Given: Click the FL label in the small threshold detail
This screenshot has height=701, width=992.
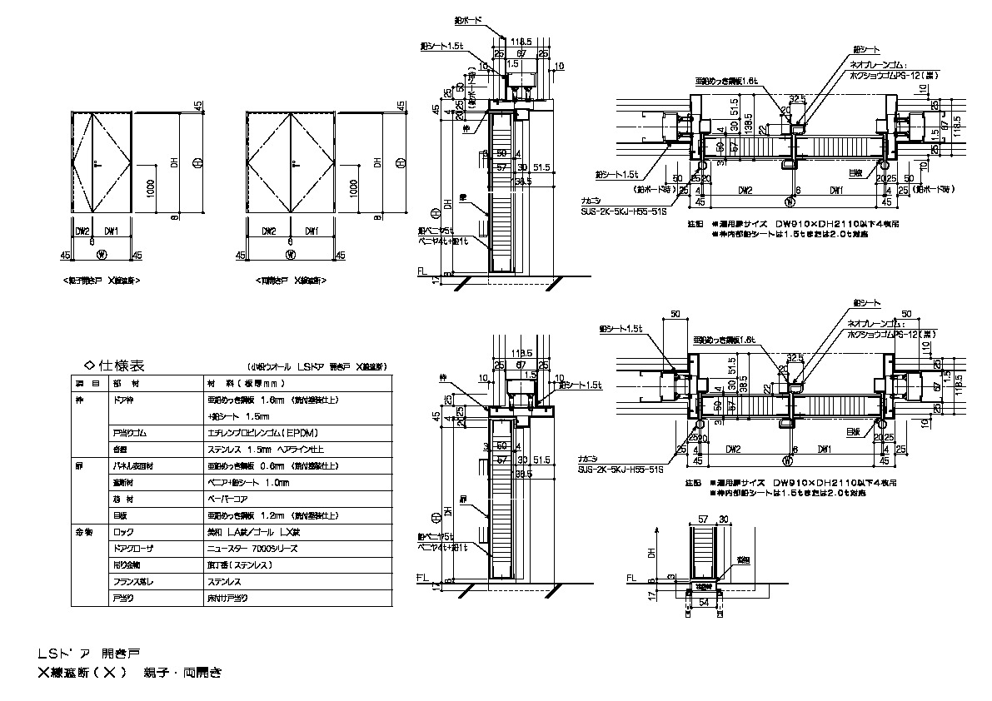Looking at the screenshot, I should click(x=631, y=575).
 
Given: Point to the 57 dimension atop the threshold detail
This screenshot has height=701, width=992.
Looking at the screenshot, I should click(x=698, y=518).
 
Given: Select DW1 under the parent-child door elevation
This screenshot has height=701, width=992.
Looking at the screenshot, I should click(x=111, y=231).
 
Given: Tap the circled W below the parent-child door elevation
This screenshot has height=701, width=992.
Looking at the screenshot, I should click(x=102, y=254).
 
